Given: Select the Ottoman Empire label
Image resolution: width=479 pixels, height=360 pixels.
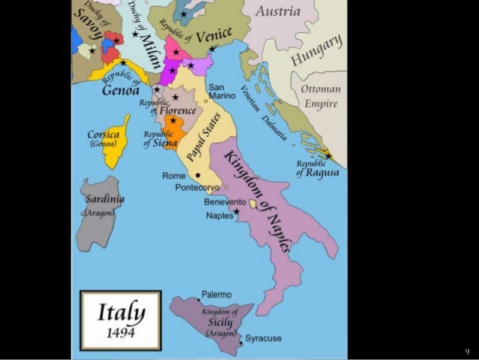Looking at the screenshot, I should tap(321, 95).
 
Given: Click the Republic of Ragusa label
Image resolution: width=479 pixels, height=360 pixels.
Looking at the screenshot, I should tap(317, 168).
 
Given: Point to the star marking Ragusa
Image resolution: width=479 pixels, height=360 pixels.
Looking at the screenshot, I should tap(328, 156).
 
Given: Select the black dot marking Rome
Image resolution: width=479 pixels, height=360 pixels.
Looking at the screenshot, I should tap(198, 174).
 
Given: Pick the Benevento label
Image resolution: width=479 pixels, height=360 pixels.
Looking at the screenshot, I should tap(224, 203).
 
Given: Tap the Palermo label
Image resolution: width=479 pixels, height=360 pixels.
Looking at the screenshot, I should tap(216, 294).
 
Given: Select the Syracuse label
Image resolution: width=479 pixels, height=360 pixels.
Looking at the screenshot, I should tap(264, 339).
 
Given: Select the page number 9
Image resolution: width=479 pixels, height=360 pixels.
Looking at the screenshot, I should tap(466, 351).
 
